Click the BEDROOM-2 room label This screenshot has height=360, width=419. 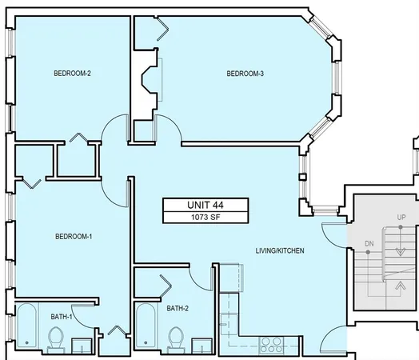pos(72,74)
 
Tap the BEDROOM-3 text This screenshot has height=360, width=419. pos(245,74)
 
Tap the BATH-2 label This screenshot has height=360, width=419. pos(178,308)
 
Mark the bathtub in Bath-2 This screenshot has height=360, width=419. pos(146,328)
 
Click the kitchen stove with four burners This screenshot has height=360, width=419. pos(270,346)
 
